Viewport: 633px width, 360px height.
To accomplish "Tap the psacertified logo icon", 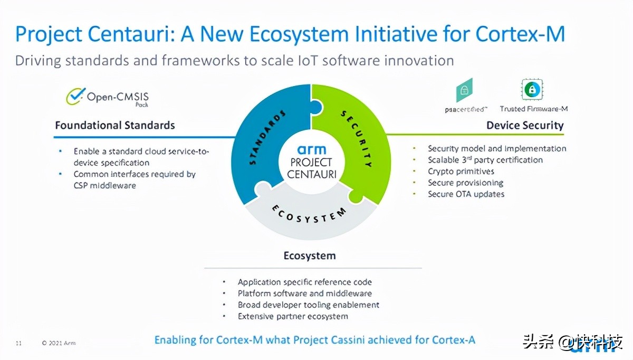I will pyautogui.click(x=464, y=90).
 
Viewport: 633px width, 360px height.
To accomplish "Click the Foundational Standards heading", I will pyautogui.click(x=115, y=126).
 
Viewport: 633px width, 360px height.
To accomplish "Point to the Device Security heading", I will pyautogui.click(x=524, y=126).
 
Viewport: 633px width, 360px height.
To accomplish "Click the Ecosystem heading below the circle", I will pyautogui.click(x=310, y=256).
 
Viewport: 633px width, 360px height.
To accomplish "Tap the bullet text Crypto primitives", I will pyautogui.click(x=461, y=172).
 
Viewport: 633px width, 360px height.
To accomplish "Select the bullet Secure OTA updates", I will pyautogui.click(x=466, y=194).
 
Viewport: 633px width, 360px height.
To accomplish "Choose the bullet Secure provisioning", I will pyautogui.click(x=465, y=183).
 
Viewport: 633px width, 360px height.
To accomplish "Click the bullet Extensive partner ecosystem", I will pyautogui.click(x=293, y=316).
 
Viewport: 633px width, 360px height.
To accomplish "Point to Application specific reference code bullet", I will pyautogui.click(x=304, y=282).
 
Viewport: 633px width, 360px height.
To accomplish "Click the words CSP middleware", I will pyautogui.click(x=104, y=185).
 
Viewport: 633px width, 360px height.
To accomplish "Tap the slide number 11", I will pyautogui.click(x=18, y=344).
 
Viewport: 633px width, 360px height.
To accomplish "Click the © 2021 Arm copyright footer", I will pyautogui.click(x=59, y=344).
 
